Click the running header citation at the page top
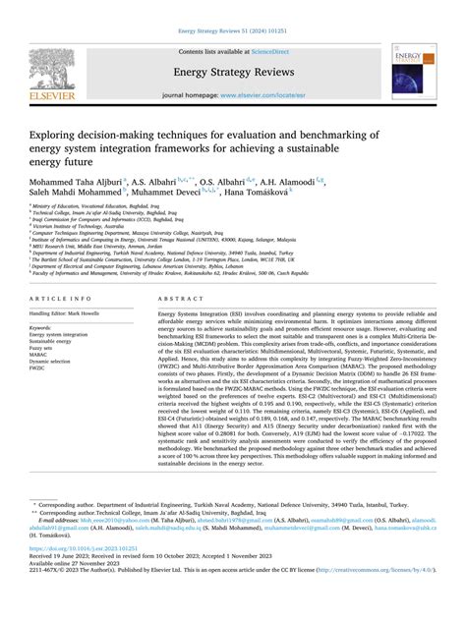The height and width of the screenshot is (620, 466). coord(233,6)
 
